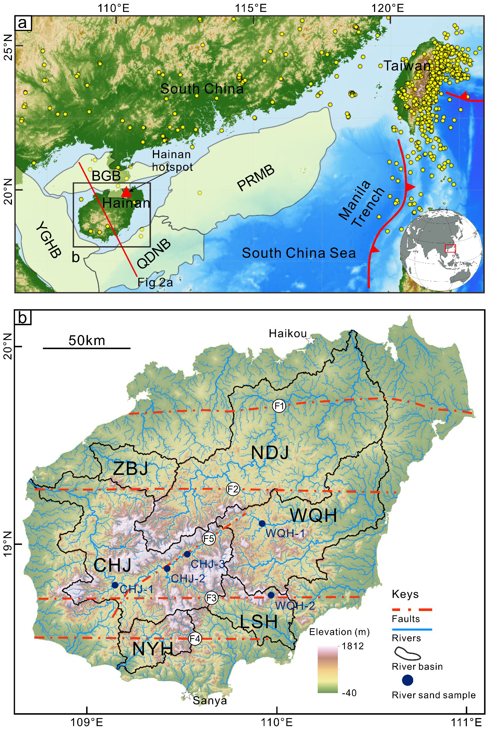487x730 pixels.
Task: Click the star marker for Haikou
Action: tap(311, 340)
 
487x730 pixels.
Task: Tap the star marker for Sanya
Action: tap(187, 695)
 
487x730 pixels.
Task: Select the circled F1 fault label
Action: tap(279, 405)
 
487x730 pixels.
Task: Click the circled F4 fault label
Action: tap(195, 639)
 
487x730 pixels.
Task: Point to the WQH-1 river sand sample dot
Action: tap(262, 523)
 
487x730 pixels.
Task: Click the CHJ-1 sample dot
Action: tap(115, 585)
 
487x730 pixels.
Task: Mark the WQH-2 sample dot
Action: tap(271, 595)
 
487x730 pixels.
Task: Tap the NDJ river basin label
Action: tap(270, 453)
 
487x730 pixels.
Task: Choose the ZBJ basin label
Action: tap(131, 469)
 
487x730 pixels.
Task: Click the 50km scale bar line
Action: tap(87, 348)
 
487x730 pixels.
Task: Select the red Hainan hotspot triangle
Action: tap(126, 192)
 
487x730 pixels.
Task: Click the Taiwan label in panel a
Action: tap(407, 66)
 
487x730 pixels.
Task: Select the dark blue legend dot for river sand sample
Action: tap(408, 680)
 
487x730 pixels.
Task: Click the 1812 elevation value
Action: tap(352, 646)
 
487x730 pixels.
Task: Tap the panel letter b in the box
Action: tap(23, 318)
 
